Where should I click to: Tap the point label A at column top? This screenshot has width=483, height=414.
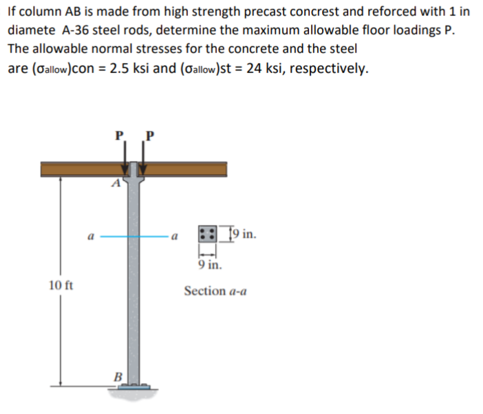click(117, 182)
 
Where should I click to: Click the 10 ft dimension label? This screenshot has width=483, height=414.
click(61, 283)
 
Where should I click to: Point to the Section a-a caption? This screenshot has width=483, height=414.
click(215, 291)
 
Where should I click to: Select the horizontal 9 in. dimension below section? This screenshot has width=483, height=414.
click(208, 263)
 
